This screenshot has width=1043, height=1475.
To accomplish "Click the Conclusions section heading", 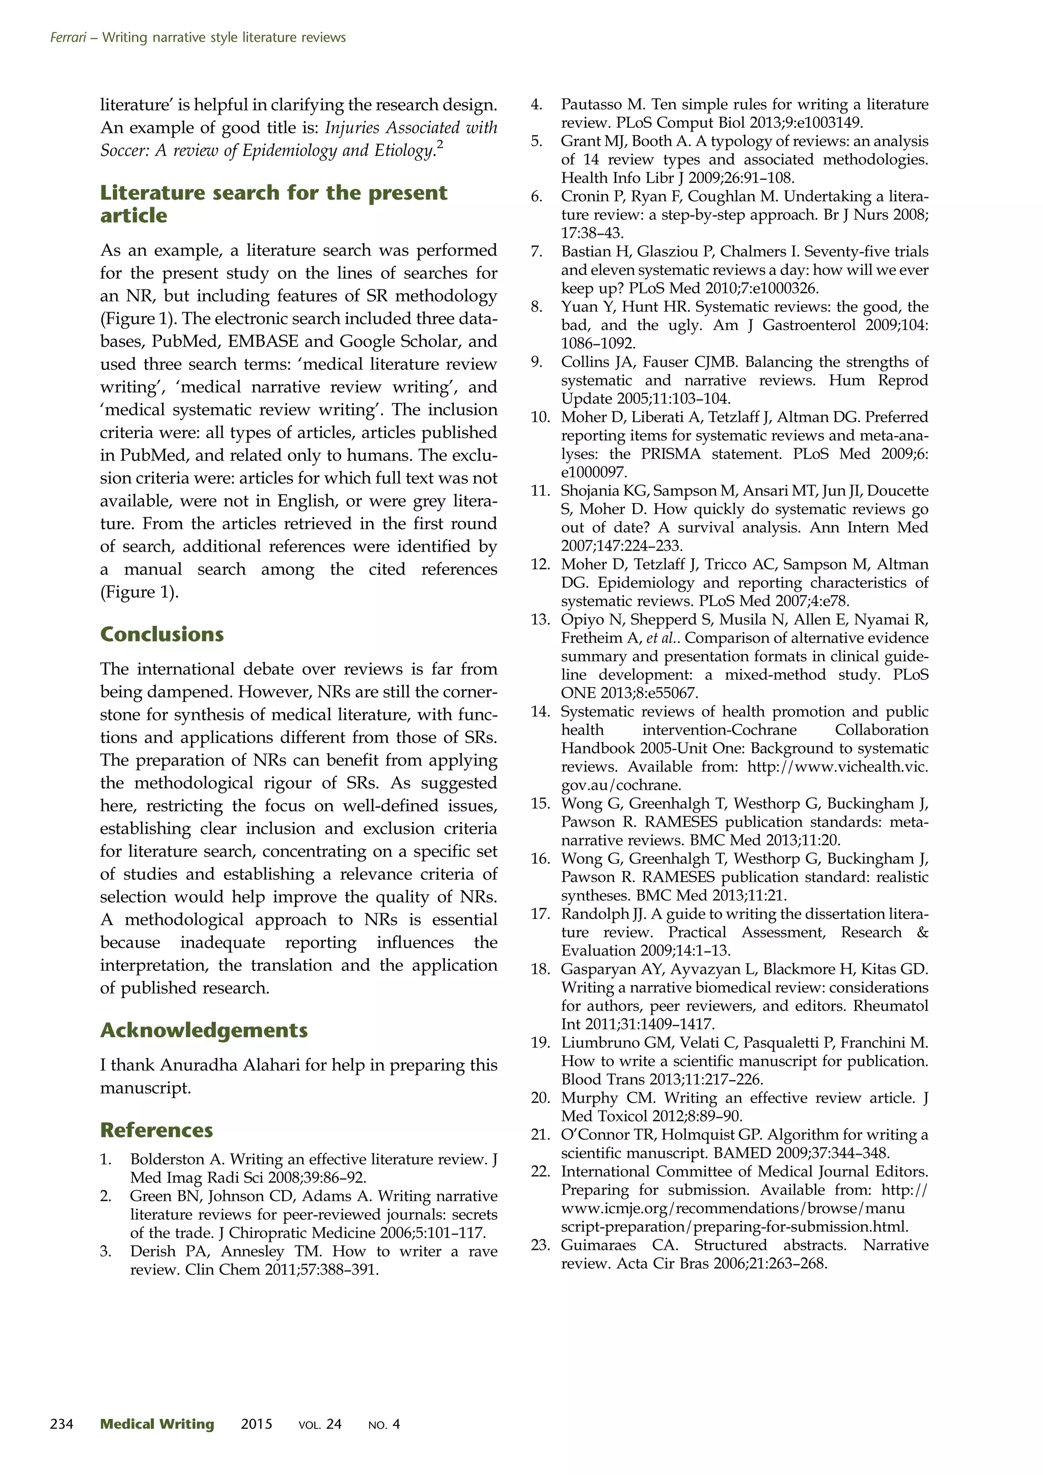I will tap(162, 634).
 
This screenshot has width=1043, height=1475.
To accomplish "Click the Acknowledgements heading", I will tap(204, 1030).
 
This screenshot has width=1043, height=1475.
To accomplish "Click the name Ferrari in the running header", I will tap(68, 37).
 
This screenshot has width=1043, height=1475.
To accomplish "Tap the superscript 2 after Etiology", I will tap(440, 145).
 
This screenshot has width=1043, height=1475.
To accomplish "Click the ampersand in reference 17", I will tap(922, 932).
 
